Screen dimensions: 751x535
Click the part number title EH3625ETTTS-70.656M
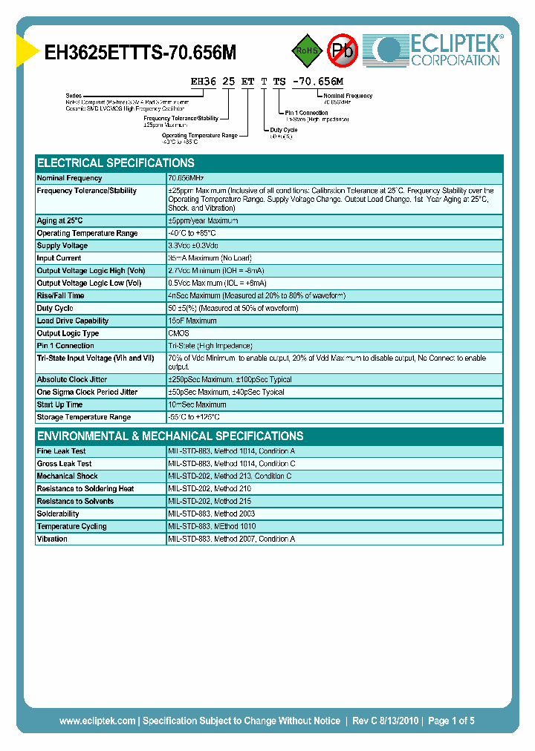pos(141,53)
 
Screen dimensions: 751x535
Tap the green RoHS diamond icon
pos(305,50)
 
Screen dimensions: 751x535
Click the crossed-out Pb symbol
pos(343,51)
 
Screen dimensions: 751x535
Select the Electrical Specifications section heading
pos(116,163)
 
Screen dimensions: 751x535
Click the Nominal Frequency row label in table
pos(70,178)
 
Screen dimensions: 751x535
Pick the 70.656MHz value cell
pos(187,178)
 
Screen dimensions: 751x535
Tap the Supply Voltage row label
pos(62,246)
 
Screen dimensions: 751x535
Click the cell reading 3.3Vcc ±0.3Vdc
pos(193,246)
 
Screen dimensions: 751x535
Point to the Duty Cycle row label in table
pos(56,308)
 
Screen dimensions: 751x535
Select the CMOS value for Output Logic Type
pos(178,333)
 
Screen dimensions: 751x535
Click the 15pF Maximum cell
pos(192,321)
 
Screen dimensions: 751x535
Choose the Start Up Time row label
pos(60,404)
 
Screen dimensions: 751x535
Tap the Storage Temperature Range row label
pos(84,417)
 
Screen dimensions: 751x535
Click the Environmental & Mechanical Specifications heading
pos(170,436)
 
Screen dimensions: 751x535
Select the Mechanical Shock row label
pos(67,476)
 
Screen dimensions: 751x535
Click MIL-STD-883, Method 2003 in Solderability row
pos(211,514)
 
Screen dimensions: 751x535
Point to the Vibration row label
pos(52,539)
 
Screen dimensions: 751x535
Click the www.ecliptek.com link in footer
pos(97,721)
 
